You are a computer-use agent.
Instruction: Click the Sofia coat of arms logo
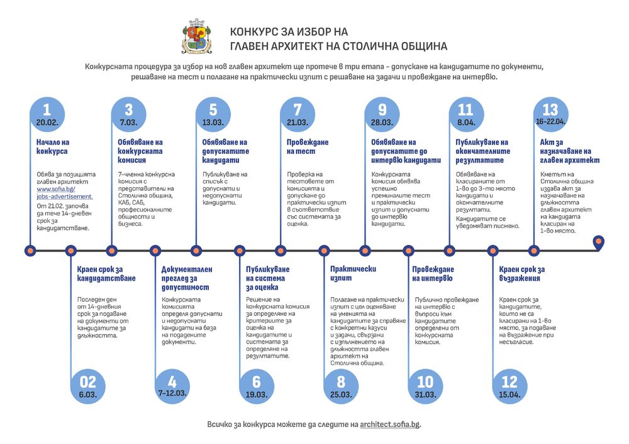coord(197,36)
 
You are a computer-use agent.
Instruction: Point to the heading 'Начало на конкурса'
coord(53,147)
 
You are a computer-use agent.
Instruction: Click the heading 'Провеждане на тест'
coord(308,147)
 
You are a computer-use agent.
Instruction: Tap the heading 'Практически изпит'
coord(353,273)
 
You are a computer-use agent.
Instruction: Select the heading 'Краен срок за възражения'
coord(521,273)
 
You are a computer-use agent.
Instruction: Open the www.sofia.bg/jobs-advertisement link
coord(64,192)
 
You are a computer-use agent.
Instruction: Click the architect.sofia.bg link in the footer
coord(390,425)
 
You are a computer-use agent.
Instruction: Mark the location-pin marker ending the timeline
coord(599,242)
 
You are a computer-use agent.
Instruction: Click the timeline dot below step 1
coord(29,251)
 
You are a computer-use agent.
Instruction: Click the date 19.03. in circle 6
coord(257,394)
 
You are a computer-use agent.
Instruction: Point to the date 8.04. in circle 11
coord(467,122)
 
